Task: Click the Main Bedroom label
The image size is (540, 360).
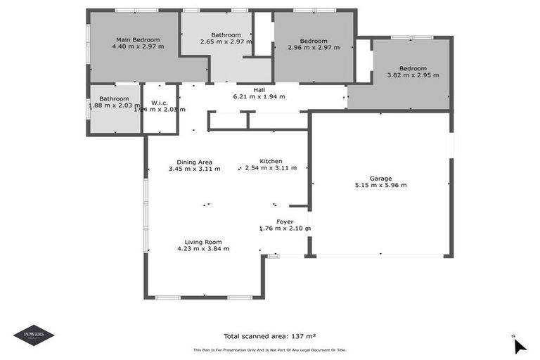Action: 138,39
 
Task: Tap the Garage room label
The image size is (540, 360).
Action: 381,178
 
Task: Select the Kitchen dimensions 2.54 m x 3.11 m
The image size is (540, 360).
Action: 271,168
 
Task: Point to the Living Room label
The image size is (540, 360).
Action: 203,241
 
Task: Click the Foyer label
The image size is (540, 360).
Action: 285,221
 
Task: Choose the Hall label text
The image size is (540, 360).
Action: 259,90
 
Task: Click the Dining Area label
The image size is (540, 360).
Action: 195,162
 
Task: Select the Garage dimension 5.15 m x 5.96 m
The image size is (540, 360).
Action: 381,185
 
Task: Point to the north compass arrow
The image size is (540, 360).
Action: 519,345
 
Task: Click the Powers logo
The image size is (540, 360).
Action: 34,335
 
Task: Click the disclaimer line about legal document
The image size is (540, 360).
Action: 270,350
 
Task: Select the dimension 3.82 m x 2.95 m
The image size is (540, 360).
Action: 413,75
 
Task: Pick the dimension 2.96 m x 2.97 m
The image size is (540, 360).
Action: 314,48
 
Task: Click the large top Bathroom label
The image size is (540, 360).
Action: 226,35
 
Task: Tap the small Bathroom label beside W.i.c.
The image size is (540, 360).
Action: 114,98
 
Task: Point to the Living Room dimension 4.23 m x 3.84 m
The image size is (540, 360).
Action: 203,248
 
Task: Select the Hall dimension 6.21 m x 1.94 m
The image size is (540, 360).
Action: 259,97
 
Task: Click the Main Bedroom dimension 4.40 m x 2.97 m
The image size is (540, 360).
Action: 138,46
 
